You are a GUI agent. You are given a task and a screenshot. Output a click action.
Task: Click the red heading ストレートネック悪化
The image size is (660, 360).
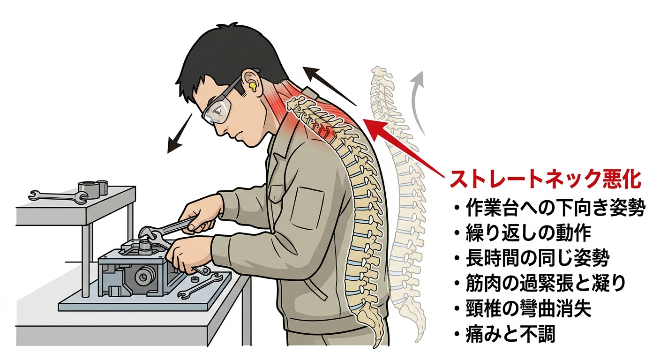545,179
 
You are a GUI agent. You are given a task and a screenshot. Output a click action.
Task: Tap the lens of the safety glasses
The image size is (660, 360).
218,111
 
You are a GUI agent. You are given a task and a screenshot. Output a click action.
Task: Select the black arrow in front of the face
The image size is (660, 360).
179,133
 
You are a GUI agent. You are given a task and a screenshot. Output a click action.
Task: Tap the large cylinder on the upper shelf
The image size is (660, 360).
88,190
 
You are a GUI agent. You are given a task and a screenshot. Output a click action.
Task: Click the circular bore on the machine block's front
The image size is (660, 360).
143,277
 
